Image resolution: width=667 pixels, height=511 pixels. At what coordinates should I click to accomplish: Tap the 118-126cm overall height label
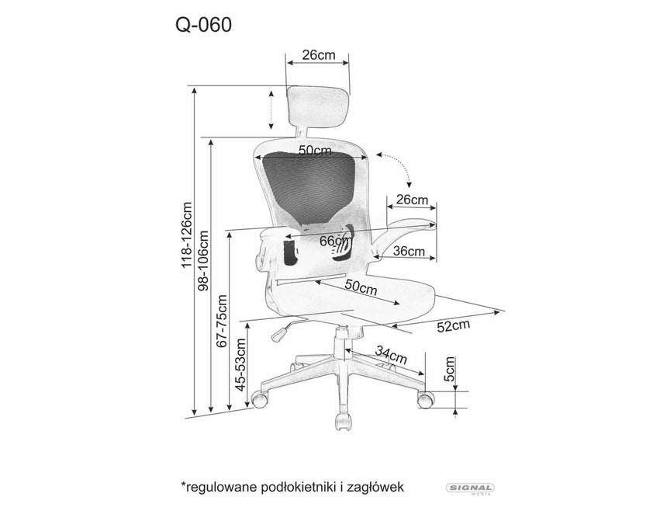(x=187, y=235)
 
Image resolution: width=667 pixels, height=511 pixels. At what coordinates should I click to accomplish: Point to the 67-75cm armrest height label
(x=223, y=321)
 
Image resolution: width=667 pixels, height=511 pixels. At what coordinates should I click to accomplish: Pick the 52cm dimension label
(x=454, y=326)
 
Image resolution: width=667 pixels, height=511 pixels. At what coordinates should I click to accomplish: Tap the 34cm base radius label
(x=390, y=356)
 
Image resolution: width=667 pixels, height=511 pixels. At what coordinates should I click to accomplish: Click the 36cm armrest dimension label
(x=409, y=251)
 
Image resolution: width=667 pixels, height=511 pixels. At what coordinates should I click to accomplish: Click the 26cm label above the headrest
(x=318, y=55)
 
